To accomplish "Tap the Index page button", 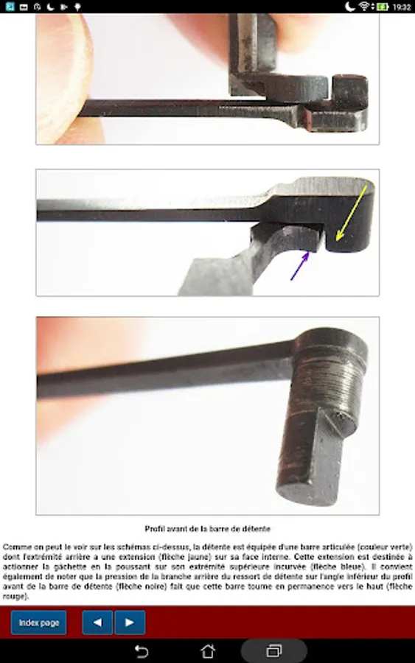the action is [x=38, y=622].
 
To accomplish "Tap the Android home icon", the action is [x=207, y=650].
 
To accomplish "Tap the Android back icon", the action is [x=142, y=651].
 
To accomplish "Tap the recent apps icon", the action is [x=274, y=650].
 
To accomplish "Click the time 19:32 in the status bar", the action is [x=402, y=7].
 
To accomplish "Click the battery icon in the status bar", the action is [x=383, y=7].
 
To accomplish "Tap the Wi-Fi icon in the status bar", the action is [x=364, y=7].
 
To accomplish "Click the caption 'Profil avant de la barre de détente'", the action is [x=207, y=528].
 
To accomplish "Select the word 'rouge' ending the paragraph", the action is [x=13, y=597].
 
